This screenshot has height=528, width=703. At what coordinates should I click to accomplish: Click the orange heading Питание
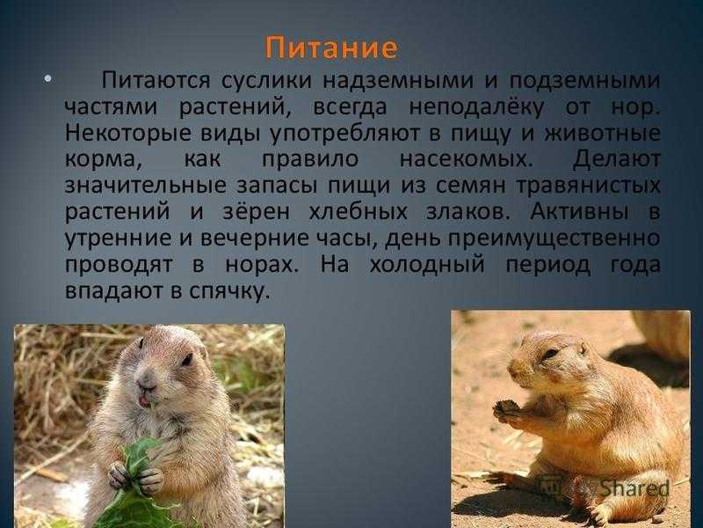click(331, 48)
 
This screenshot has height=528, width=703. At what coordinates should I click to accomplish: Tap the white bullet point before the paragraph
click(48, 79)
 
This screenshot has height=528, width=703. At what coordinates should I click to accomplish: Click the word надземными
click(398, 81)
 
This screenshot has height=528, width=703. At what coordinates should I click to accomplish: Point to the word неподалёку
click(476, 107)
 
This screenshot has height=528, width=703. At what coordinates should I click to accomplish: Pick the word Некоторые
click(128, 134)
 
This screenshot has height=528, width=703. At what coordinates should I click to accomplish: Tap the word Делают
click(617, 159)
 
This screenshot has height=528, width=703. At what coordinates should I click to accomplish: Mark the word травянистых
click(588, 187)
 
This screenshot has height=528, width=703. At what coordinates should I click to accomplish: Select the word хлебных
click(358, 212)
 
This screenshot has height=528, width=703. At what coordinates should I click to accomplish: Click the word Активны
click(579, 212)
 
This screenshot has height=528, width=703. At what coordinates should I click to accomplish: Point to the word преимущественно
click(554, 238)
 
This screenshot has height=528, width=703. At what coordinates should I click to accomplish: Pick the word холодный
click(427, 265)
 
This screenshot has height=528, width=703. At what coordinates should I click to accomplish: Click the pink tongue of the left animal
click(144, 400)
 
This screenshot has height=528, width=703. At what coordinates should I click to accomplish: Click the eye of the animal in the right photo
click(551, 353)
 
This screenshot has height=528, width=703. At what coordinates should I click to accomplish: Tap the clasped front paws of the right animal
click(507, 412)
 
